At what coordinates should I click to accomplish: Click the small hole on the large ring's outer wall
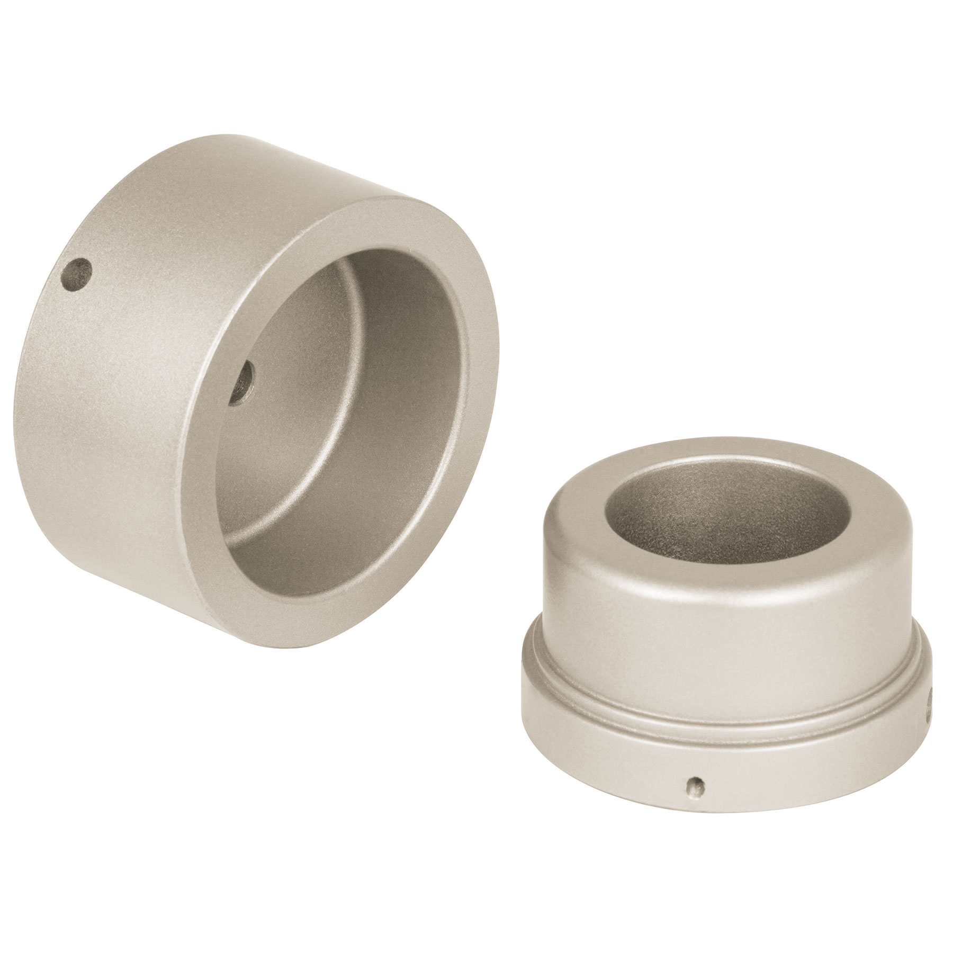(76, 274)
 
